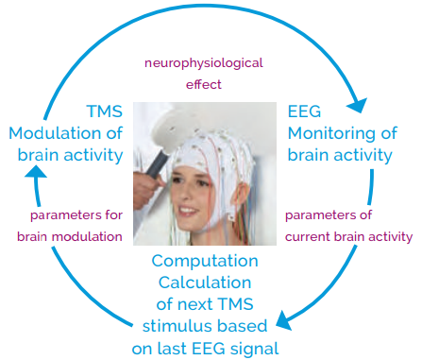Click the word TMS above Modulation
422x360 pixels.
click(105, 111)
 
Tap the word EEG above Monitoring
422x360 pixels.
click(304, 111)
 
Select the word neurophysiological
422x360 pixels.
click(204, 63)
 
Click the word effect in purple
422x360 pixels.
click(204, 84)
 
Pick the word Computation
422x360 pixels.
click(205, 262)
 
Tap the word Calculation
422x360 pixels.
click(205, 283)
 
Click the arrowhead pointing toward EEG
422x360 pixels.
click(358, 106)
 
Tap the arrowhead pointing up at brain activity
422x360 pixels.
click(35, 172)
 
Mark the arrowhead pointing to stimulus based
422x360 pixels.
click(283, 321)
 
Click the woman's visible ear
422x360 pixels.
click(242, 197)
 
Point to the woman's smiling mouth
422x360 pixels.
click(187, 210)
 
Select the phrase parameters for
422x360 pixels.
click(76, 215)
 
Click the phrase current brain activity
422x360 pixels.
click(348, 237)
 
